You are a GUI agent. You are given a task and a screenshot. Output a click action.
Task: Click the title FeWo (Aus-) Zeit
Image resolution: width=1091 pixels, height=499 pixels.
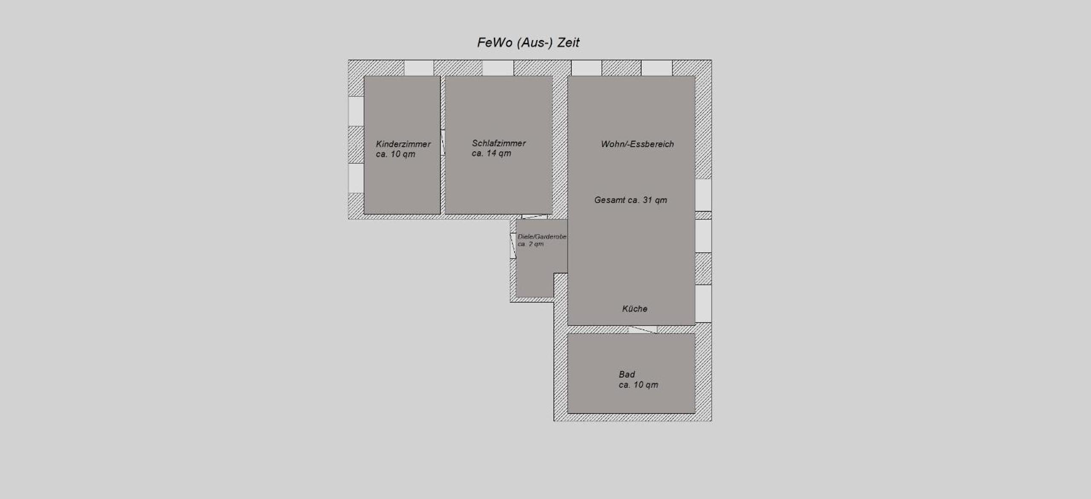point(528,43)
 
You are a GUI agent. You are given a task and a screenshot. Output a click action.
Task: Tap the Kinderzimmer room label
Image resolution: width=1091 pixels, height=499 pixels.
point(403,144)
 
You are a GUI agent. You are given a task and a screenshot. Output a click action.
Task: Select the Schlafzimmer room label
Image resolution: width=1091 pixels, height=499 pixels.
point(499,143)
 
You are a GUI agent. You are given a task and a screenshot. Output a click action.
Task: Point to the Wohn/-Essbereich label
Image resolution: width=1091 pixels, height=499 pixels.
point(637,144)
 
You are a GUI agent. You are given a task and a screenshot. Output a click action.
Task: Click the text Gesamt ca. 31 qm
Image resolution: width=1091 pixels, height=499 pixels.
point(630,200)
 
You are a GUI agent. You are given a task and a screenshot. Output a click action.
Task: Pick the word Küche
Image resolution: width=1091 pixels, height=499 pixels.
point(635,309)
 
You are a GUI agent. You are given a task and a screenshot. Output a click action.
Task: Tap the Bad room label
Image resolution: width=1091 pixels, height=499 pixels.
point(627,374)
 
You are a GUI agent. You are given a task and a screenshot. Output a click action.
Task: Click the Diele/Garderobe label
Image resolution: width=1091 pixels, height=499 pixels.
point(542,236)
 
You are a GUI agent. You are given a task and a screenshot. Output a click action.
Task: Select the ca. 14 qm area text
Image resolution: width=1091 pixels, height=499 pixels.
point(491,154)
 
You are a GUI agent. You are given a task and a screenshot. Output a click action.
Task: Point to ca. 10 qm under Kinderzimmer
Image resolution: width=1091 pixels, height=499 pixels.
point(395,154)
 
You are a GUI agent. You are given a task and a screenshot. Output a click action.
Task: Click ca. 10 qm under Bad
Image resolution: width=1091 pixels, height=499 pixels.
point(638,385)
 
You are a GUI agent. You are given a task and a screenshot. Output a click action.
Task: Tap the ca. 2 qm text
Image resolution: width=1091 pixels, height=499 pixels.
point(531,244)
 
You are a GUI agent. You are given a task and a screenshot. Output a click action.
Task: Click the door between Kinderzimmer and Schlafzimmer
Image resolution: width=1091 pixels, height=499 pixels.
point(443,142)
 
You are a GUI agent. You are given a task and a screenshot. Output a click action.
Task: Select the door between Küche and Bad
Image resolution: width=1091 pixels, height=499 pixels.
point(643,329)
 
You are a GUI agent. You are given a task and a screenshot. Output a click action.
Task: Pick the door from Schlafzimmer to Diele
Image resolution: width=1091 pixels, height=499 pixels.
point(534,217)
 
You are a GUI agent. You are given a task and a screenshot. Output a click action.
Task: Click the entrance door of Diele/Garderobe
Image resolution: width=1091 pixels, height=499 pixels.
point(513,246)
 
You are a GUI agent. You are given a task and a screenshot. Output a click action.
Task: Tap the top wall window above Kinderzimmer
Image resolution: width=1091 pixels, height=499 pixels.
point(419,68)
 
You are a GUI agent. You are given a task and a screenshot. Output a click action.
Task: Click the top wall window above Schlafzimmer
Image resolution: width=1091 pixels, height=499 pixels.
point(498,68)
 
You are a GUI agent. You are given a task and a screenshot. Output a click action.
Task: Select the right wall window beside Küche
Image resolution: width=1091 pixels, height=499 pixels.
point(704,303)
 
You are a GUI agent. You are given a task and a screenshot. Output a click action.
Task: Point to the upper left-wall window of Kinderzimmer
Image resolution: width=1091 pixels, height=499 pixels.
point(356,111)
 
